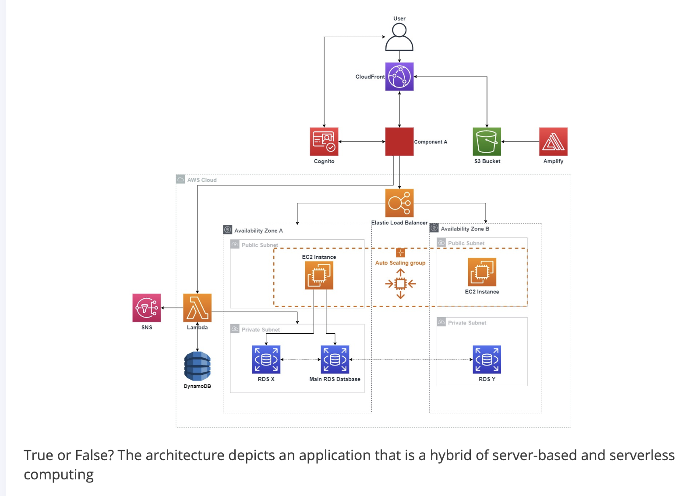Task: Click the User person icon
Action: point(399,37)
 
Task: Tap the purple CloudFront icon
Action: point(399,77)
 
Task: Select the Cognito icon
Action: point(324,142)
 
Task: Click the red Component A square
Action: point(399,142)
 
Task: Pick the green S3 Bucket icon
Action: point(487,142)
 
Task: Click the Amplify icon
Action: point(553,142)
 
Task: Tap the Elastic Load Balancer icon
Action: point(399,203)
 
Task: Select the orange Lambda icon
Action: point(197,308)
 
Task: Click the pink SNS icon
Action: point(147,308)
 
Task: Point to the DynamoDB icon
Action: point(197,366)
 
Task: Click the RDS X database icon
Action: point(266,360)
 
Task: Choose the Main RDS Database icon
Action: point(335,360)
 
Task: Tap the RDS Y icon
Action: point(487,360)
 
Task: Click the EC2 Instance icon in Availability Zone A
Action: point(319,275)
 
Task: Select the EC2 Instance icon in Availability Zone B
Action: point(482,272)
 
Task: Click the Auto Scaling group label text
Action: point(400,263)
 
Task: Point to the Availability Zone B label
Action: point(465,229)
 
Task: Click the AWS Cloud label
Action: point(202,180)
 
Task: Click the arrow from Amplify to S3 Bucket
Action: point(520,142)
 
